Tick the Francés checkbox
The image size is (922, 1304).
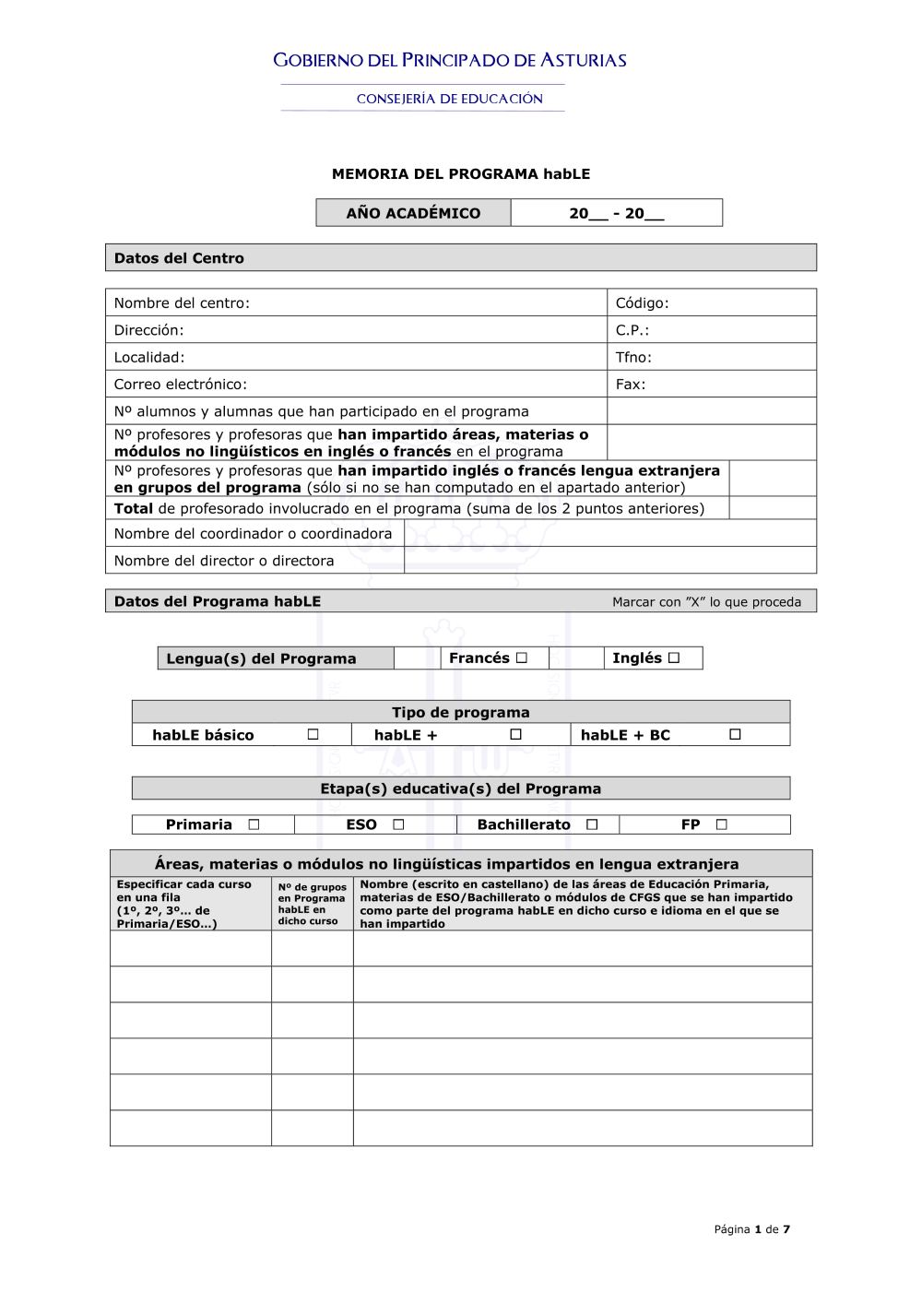[522, 658]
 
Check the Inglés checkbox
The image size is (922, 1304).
[674, 658]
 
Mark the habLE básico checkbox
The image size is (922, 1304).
[313, 734]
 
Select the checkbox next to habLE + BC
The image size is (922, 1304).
[735, 734]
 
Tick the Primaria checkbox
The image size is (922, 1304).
[254, 824]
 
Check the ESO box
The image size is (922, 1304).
[398, 824]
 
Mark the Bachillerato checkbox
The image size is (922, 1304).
[592, 824]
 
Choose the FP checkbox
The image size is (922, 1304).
[721, 824]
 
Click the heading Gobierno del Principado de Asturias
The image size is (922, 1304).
[450, 61]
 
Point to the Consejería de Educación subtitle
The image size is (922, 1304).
[450, 99]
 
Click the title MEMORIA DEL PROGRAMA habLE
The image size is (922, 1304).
[461, 173]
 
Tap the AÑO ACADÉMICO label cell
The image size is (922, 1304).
[413, 213]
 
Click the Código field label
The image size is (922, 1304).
[642, 302]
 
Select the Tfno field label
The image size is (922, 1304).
[633, 357]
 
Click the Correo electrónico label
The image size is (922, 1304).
[181, 384]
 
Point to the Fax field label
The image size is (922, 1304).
[631, 384]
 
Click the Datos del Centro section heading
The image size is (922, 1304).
[179, 258]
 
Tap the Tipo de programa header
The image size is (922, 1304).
[461, 712]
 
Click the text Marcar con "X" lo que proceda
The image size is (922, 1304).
[706, 602]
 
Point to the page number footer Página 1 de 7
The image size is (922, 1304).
[751, 1229]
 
